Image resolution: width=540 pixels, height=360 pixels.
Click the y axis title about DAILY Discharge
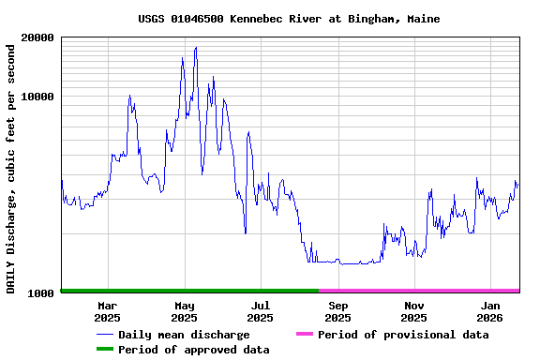pyautogui.click(x=11, y=167)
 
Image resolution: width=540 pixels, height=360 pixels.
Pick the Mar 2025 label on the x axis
pyautogui.click(x=107, y=311)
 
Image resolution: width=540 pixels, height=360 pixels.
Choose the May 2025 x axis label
pyautogui.click(x=184, y=311)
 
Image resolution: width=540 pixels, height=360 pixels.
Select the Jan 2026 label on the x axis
pyautogui.click(x=490, y=311)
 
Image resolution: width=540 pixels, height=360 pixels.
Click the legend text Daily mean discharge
pyautogui.click(x=184, y=335)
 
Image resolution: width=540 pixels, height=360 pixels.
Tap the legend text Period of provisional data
pyautogui.click(x=403, y=335)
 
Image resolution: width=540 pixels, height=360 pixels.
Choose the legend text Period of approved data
pyautogui.click(x=194, y=350)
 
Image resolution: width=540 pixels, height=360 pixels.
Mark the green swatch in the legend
pyautogui.click(x=104, y=350)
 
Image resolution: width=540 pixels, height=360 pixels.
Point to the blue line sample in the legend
pyautogui.click(x=104, y=335)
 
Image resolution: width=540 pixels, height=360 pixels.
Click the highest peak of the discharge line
pyautogui.click(x=195, y=48)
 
